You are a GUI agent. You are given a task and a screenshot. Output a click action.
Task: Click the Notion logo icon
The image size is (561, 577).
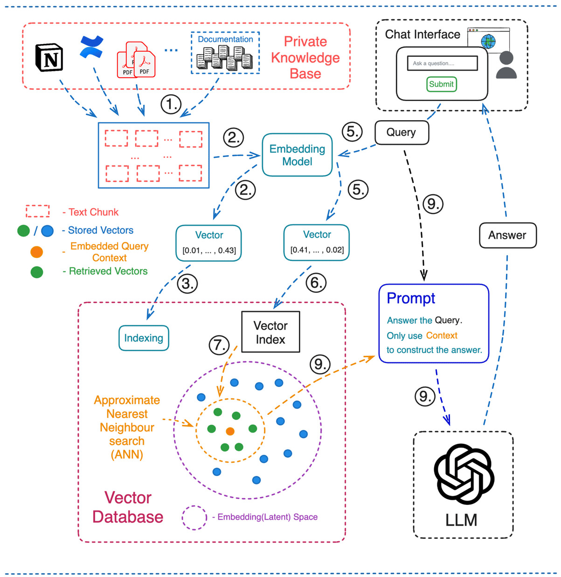click(49, 58)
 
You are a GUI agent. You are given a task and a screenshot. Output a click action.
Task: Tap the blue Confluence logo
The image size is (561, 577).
click(91, 47)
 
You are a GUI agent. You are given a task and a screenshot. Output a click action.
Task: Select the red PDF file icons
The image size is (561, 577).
click(136, 60)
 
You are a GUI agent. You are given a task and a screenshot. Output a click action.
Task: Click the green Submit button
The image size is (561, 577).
click(441, 84)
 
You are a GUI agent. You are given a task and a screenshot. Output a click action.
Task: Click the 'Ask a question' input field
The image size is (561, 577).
click(442, 63)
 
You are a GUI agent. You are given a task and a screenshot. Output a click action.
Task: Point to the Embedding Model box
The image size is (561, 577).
click(297, 155)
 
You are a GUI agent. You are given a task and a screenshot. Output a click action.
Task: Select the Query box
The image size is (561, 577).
click(401, 132)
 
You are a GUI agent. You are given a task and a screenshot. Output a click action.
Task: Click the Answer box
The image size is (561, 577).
click(507, 235)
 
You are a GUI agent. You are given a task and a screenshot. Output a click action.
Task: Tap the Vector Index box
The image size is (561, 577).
click(270, 332)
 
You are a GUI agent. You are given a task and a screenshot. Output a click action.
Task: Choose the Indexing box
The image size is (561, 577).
click(144, 338)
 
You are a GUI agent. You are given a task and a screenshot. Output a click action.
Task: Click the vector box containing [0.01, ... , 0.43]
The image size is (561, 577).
click(209, 243)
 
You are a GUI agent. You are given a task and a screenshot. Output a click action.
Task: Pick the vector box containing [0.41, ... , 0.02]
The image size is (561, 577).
click(317, 242)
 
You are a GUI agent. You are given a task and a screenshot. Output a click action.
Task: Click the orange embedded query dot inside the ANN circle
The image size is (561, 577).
click(230, 431)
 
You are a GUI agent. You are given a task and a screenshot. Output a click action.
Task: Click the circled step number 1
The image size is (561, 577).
click(171, 104)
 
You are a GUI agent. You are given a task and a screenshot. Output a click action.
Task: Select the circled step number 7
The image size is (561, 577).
click(219, 345)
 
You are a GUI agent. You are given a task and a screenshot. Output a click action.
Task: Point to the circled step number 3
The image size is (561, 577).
click(187, 284)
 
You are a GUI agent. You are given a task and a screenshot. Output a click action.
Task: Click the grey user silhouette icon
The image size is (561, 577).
click(506, 65)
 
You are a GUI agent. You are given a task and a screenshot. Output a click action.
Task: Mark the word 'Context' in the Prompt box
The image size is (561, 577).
click(442, 335)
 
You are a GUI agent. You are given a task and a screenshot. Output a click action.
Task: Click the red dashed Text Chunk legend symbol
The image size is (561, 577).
click(38, 211)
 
